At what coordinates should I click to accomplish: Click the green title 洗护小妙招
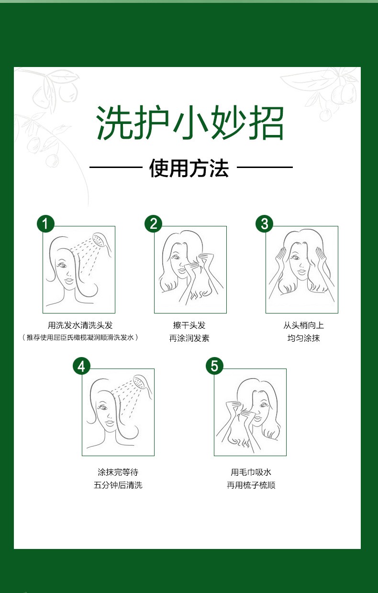[x=189, y=123]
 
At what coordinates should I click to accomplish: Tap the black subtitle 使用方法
[x=189, y=168]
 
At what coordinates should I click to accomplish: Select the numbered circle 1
[x=45, y=224]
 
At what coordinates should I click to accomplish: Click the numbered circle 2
[x=153, y=224]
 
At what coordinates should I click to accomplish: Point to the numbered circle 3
[x=265, y=224]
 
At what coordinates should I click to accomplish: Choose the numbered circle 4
[x=81, y=367]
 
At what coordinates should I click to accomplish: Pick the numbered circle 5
[x=215, y=367]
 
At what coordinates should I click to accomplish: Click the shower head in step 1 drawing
[x=101, y=242]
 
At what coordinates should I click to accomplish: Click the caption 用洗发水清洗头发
[x=80, y=325]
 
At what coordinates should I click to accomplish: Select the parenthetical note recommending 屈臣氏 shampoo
[x=80, y=337]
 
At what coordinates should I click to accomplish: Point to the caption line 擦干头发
[x=189, y=325]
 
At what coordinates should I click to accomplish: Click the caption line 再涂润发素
[x=189, y=338]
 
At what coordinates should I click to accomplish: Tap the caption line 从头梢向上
[x=304, y=325]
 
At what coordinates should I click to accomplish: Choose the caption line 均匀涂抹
[x=304, y=338]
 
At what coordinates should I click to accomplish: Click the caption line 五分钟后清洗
[x=118, y=485]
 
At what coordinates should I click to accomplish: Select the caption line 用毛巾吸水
[x=251, y=472]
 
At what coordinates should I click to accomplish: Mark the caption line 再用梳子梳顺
[x=251, y=485]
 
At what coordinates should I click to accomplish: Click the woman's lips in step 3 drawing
[x=302, y=272]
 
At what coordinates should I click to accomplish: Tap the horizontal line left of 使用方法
[x=116, y=168]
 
